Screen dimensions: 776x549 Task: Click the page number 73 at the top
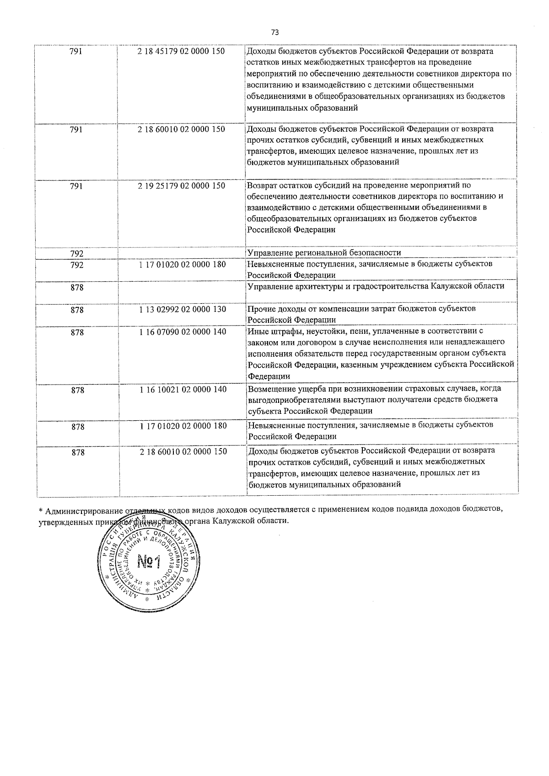274,32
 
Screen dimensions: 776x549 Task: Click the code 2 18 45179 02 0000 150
181,51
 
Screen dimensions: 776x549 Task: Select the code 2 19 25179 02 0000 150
181,186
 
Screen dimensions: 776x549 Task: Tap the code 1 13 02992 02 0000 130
183,309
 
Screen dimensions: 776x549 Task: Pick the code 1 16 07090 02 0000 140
183,332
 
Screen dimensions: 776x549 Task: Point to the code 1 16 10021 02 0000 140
183,389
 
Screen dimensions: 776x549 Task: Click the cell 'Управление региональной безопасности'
324,253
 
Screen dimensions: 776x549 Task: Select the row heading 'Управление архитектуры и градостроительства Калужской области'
376,286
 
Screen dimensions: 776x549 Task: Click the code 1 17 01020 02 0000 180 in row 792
183,264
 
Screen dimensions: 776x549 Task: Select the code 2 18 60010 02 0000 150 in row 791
181,129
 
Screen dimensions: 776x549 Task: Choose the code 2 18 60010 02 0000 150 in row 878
183,451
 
